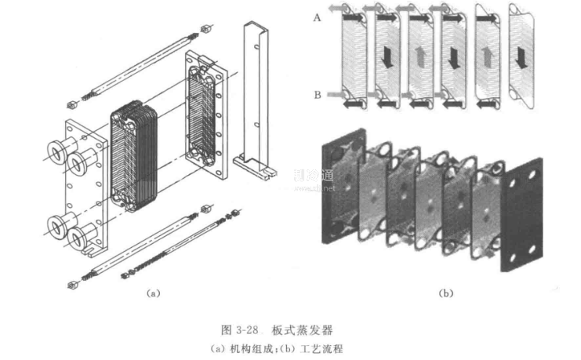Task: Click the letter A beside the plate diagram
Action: (316, 16)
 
